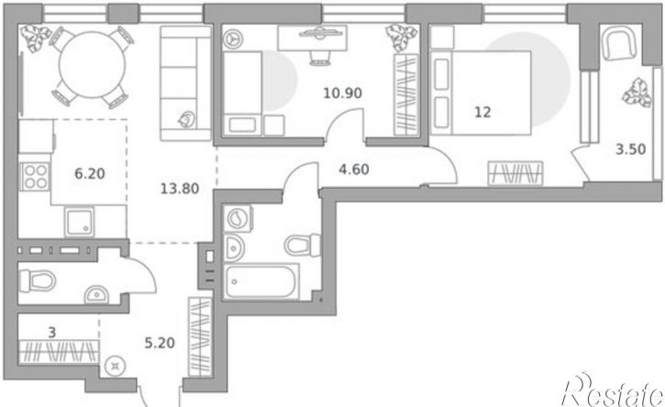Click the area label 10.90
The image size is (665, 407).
click(x=343, y=93)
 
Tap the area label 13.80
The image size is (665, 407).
click(x=180, y=188)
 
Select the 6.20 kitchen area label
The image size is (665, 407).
click(x=90, y=174)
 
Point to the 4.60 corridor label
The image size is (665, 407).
click(x=354, y=170)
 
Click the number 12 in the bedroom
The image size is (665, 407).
click(x=482, y=113)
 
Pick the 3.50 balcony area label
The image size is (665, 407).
click(x=631, y=149)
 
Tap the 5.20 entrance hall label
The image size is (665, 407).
click(x=160, y=343)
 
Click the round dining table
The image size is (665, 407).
click(x=92, y=64)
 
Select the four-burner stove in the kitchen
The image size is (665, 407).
click(x=36, y=176)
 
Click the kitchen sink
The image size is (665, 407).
click(x=79, y=222)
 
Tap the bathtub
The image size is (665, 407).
click(x=260, y=281)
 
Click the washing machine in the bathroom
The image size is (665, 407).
click(x=238, y=219)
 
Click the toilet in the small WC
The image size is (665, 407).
click(x=38, y=280)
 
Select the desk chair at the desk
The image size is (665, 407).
click(x=320, y=58)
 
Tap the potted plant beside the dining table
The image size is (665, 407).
click(x=36, y=38)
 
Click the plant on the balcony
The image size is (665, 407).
click(x=637, y=93)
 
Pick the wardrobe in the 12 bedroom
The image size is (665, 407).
click(x=515, y=173)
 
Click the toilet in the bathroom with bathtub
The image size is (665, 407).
click(x=303, y=245)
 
